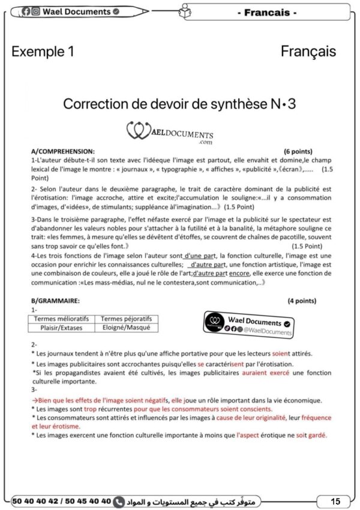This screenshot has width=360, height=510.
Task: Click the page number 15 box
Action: tap(335, 500)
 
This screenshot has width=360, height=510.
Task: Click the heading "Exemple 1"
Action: tap(43, 52)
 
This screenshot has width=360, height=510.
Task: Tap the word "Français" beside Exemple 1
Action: tap(308, 52)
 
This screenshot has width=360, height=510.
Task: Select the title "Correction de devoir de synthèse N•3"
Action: tap(179, 104)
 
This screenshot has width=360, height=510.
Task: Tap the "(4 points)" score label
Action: tap(302, 301)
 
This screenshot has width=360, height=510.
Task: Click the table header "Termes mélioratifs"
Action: tap(61, 319)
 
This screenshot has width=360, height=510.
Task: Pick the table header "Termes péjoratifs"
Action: tap(126, 319)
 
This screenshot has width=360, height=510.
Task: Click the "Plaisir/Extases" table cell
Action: tap(61, 328)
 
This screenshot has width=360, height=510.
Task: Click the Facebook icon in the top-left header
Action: tap(26, 11)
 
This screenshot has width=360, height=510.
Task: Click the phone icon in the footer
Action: tap(119, 500)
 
